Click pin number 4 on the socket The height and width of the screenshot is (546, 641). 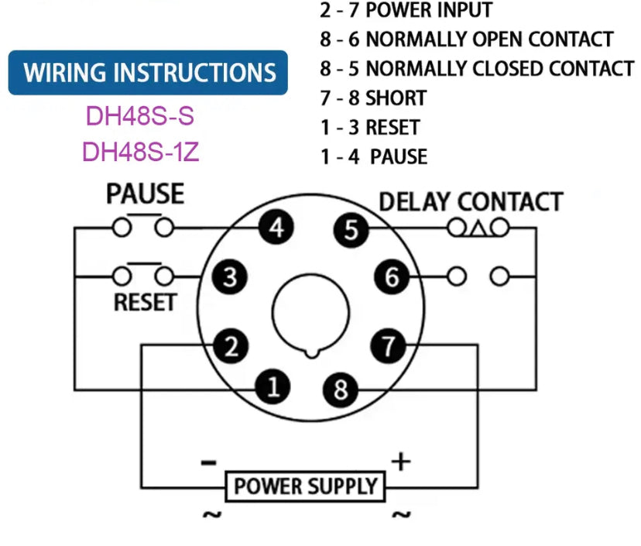[x=276, y=228]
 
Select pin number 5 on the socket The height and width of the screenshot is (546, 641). [x=350, y=229]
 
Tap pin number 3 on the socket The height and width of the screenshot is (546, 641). [x=230, y=276]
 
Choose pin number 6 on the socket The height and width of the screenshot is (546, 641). [x=392, y=276]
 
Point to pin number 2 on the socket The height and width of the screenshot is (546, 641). [x=230, y=345]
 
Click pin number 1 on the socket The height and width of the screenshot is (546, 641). [x=273, y=387]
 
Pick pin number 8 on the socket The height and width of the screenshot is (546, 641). [x=341, y=389]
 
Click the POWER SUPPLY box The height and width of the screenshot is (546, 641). [x=306, y=486]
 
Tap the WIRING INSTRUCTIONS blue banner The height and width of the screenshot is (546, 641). [x=148, y=73]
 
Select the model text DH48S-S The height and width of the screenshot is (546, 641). [x=140, y=117]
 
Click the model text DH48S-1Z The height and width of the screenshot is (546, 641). [x=140, y=151]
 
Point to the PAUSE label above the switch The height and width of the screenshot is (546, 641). [x=145, y=194]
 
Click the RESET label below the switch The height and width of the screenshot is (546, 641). [x=145, y=302]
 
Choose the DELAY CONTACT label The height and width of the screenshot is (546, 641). [x=470, y=202]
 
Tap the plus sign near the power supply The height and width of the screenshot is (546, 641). [x=400, y=462]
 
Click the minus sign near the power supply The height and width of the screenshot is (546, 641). [x=208, y=463]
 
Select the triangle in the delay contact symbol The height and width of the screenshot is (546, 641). [x=478, y=228]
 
